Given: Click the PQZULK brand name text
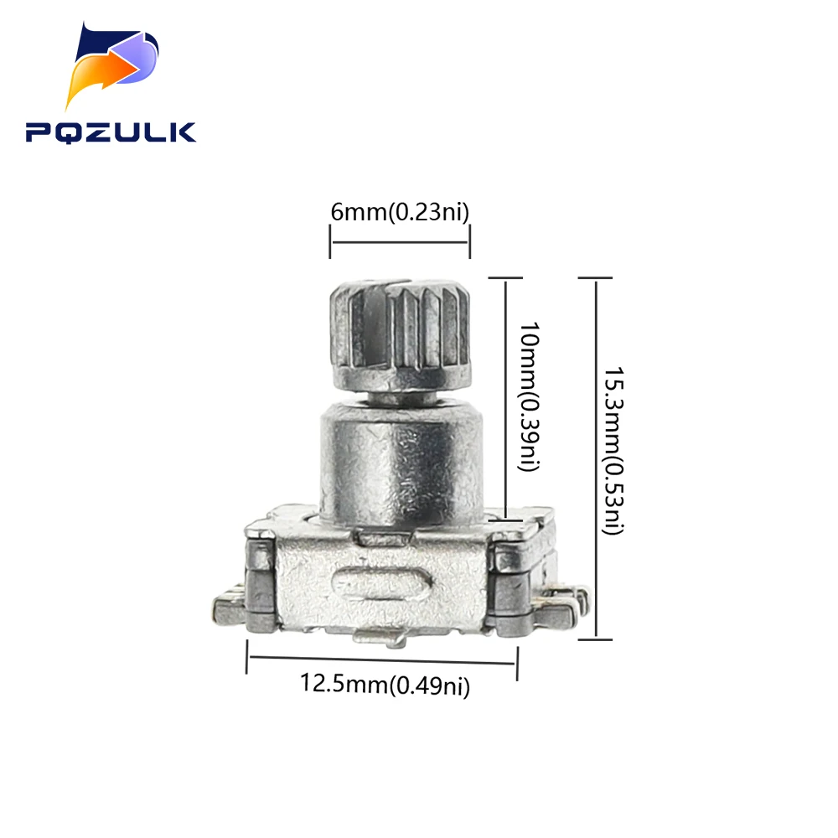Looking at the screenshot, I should [x=110, y=132].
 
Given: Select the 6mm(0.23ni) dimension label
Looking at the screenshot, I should [x=399, y=212].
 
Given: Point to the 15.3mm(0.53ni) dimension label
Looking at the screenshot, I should [x=617, y=451].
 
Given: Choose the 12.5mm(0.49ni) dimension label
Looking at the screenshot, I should [x=385, y=685].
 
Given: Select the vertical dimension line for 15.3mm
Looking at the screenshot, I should [x=596, y=457].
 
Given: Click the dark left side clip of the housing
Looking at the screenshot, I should [x=261, y=587].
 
